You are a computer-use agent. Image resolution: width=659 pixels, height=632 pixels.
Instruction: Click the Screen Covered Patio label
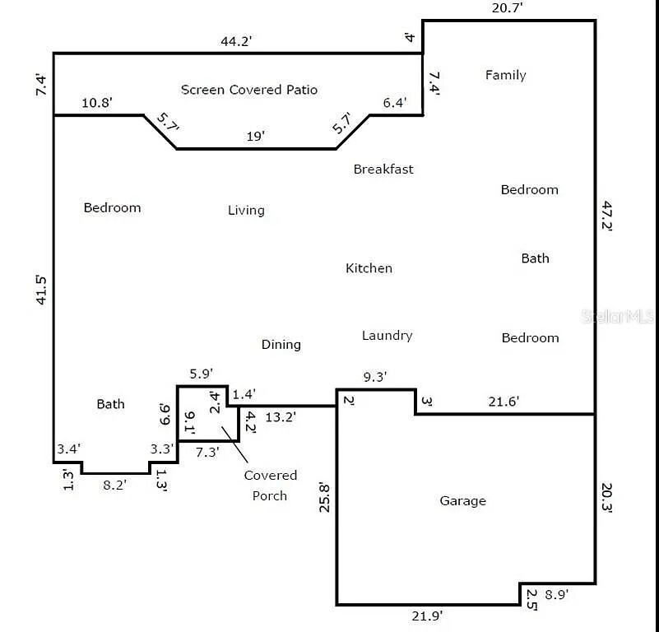(248, 90)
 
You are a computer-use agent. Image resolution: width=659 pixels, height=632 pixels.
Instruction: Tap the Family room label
(506, 75)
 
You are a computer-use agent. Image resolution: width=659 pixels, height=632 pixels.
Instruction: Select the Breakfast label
(383, 169)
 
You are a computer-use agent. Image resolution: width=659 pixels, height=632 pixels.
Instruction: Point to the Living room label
(246, 210)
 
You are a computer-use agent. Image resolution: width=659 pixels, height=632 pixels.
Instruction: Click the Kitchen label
(369, 268)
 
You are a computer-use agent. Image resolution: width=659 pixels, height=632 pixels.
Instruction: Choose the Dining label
(281, 345)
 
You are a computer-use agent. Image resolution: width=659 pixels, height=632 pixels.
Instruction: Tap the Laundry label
(387, 336)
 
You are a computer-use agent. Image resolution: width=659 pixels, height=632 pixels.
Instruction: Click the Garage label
(462, 501)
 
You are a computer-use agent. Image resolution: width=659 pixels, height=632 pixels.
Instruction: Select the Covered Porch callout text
(270, 486)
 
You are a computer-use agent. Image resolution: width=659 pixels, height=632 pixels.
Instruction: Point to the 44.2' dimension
(236, 41)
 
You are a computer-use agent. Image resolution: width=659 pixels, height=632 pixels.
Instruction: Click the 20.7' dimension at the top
(508, 8)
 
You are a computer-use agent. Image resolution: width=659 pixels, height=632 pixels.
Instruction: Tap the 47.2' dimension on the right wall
(606, 216)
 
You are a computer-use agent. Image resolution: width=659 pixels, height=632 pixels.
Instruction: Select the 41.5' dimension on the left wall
(41, 290)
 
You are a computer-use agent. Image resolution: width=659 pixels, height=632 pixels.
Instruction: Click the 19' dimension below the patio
(256, 137)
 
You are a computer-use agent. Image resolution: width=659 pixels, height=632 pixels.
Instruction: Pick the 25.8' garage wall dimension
(324, 497)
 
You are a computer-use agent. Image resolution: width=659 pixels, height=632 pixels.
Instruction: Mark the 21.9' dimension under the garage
(427, 616)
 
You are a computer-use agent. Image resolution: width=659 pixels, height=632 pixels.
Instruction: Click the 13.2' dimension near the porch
(281, 417)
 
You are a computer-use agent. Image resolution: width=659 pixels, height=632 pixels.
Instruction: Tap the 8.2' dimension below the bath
(114, 486)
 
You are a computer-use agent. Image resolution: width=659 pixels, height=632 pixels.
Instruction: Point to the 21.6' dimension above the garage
(504, 402)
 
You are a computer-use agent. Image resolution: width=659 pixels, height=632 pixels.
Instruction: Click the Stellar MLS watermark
(618, 316)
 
